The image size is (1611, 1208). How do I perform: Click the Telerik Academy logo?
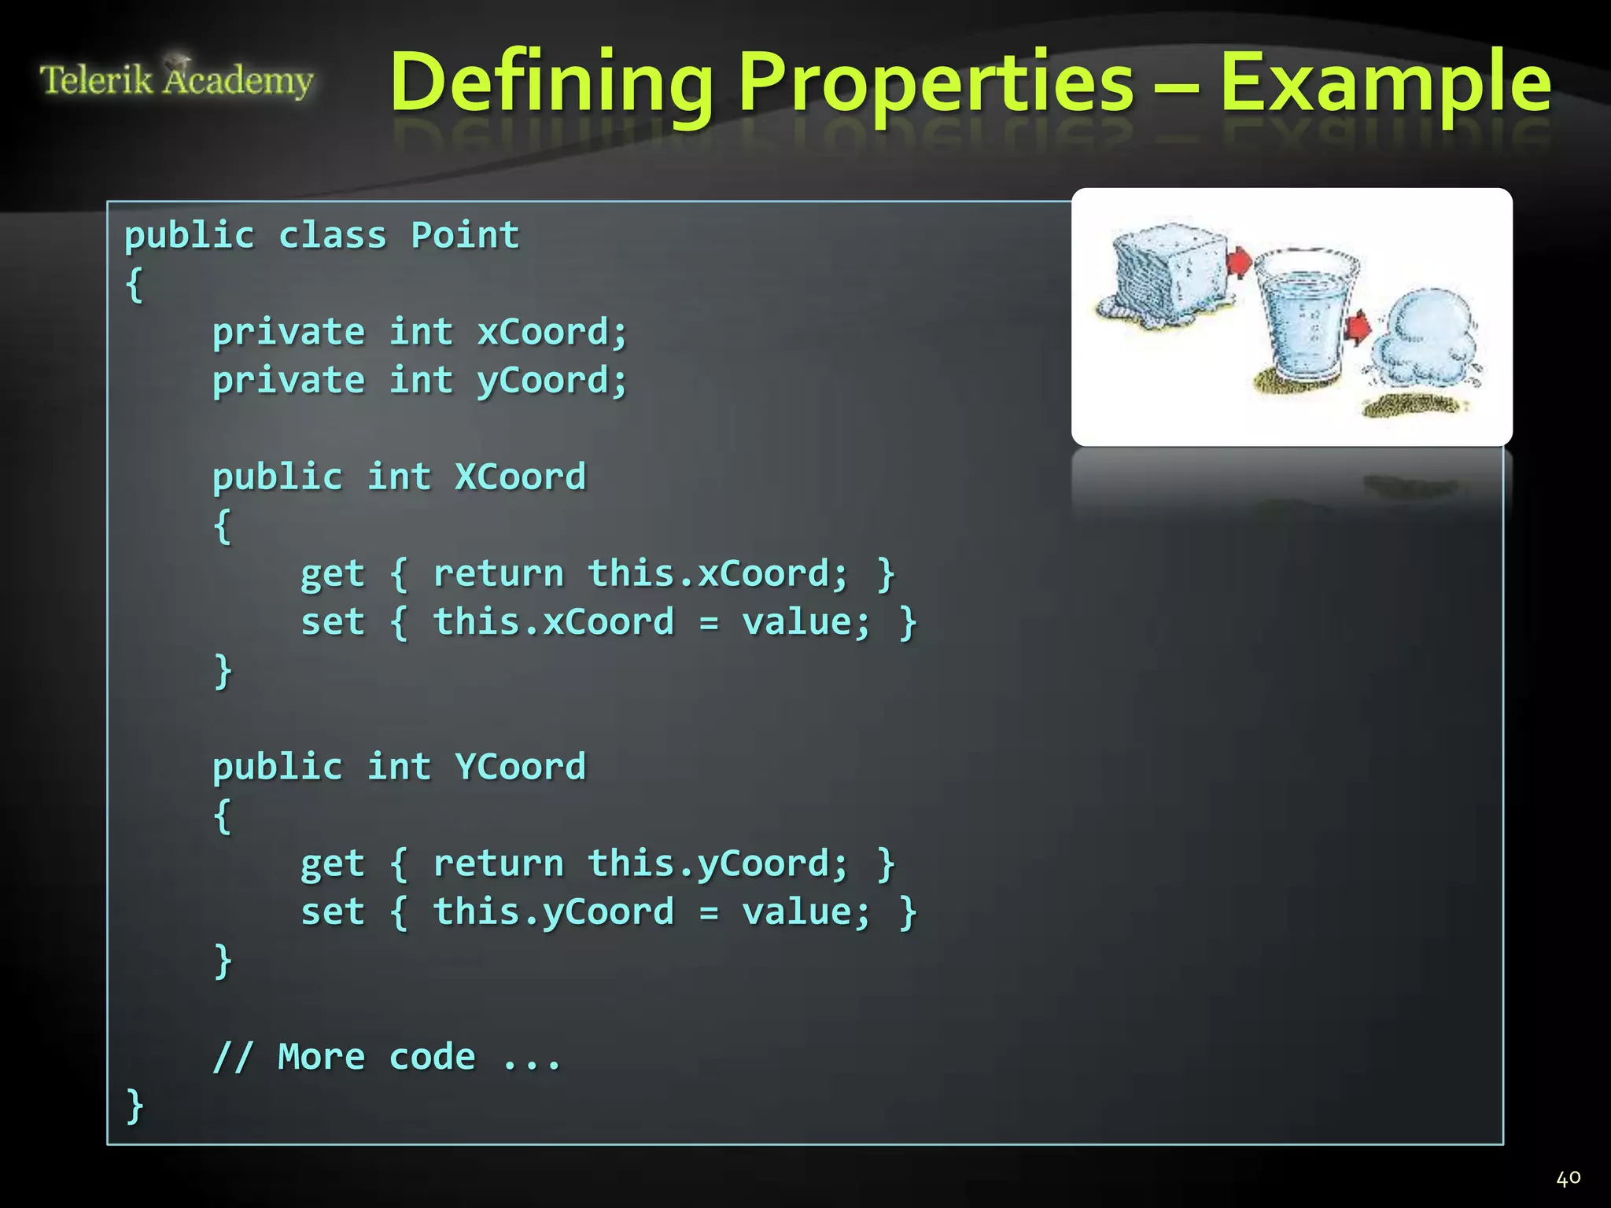click(176, 79)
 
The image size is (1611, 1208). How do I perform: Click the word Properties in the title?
click(936, 83)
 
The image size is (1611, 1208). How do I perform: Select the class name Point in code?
click(465, 235)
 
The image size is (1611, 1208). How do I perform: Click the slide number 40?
click(1568, 1178)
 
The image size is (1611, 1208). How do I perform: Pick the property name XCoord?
click(520, 477)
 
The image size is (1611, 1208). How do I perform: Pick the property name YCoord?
click(520, 767)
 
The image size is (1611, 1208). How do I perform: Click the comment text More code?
click(376, 1057)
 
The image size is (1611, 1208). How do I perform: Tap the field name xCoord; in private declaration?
click(552, 332)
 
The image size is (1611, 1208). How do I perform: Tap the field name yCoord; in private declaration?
click(552, 381)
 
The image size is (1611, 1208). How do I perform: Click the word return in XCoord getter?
click(499, 573)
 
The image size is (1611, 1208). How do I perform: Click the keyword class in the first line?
click(333, 235)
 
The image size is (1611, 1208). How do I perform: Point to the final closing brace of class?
click(135, 1106)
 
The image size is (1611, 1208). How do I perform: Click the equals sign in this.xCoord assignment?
click(709, 624)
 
